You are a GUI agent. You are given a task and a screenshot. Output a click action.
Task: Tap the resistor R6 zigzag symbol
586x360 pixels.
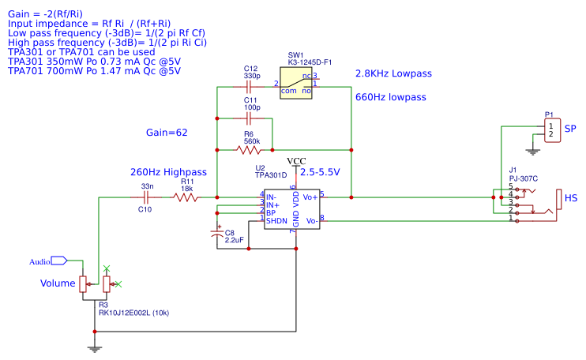248,149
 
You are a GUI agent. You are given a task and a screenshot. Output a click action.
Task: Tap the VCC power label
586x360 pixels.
295,161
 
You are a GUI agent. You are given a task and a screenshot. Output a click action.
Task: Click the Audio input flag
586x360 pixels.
58,261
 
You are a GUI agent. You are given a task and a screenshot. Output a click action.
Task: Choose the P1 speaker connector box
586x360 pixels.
551,129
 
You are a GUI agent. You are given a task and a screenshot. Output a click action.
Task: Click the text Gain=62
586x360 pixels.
167,133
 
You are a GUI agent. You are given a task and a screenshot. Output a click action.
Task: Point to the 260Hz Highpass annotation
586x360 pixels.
168,172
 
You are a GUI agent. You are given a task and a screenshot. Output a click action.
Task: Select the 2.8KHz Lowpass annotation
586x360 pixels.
393,73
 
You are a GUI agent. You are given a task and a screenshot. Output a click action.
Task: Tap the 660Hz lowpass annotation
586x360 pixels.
390,97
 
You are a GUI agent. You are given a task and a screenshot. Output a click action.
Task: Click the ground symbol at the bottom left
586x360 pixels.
95,348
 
